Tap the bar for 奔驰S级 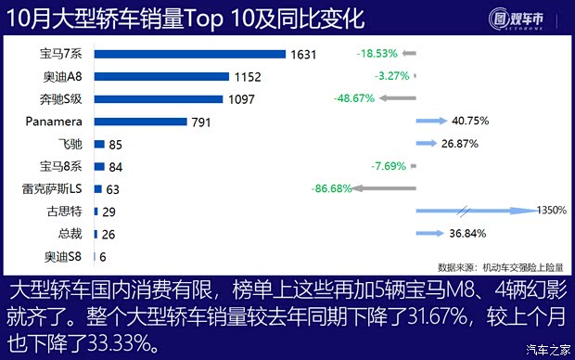point(158,98)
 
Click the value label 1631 point(304,54)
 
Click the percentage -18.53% point(377,54)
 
